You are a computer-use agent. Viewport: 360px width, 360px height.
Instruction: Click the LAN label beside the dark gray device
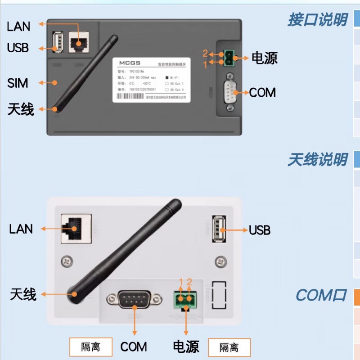click(x=18, y=27)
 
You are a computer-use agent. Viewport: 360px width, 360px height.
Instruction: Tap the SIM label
click(x=18, y=83)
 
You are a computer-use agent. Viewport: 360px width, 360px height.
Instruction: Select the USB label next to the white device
click(x=260, y=230)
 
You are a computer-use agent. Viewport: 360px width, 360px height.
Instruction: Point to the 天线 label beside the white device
click(x=23, y=295)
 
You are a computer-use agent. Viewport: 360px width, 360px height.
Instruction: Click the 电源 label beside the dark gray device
click(x=264, y=58)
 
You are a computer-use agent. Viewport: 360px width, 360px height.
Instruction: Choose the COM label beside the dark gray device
click(x=262, y=93)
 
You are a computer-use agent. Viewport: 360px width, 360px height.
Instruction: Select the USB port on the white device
click(x=219, y=229)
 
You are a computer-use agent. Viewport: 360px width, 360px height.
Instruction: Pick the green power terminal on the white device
click(x=185, y=300)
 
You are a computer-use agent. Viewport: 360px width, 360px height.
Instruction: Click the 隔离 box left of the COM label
click(x=90, y=347)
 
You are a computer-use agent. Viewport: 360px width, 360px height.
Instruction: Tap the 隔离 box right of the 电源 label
click(x=229, y=347)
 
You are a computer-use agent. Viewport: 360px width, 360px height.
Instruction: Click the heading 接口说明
click(x=317, y=20)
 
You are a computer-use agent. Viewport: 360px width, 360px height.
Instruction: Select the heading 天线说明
click(x=317, y=160)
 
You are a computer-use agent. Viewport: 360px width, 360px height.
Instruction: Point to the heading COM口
click(x=321, y=296)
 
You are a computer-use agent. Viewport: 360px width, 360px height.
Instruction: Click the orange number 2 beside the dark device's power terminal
click(x=205, y=53)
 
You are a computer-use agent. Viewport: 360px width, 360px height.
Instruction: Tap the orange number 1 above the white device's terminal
click(x=181, y=282)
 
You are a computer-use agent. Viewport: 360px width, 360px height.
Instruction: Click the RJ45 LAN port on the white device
click(x=76, y=229)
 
